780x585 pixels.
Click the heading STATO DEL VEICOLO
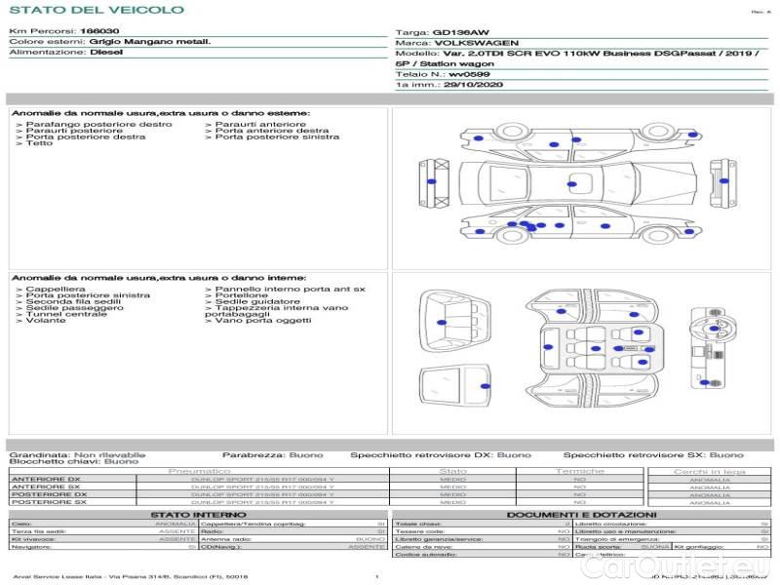96,10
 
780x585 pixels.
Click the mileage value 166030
94,32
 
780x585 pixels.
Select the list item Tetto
39,144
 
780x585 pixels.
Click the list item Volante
46,321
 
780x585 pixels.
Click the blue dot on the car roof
571,181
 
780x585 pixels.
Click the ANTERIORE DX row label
46,480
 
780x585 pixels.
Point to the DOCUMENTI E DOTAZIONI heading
581,515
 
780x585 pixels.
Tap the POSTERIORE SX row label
48,503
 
